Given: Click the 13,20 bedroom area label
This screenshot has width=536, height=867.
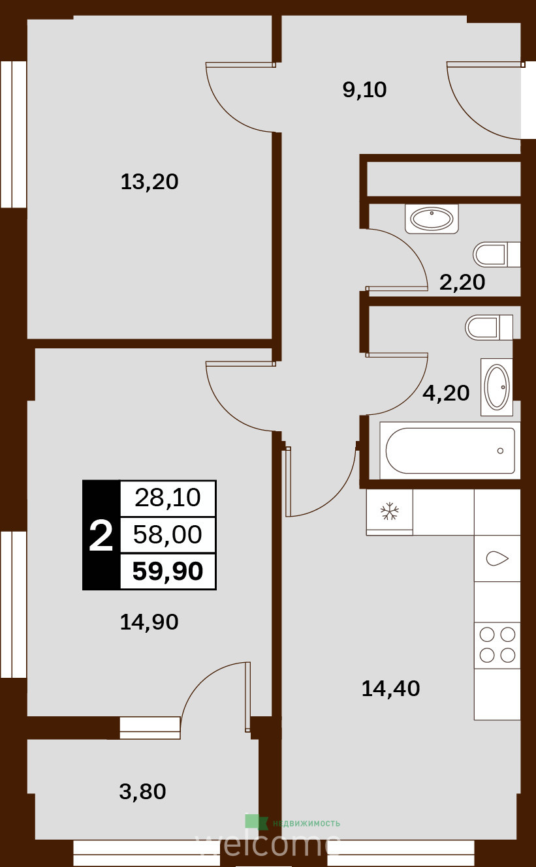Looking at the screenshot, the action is [150, 182].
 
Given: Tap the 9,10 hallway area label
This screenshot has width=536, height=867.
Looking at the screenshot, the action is [364, 90].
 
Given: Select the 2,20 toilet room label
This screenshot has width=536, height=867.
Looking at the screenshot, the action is [462, 282].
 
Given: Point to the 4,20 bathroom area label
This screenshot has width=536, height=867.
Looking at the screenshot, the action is [446, 393].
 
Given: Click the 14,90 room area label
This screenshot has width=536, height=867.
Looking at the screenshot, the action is [149, 622].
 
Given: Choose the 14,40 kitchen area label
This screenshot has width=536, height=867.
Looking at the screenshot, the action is [390, 688].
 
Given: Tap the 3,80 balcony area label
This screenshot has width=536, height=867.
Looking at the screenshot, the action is [142, 791].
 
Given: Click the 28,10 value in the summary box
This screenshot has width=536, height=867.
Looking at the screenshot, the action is [168, 498].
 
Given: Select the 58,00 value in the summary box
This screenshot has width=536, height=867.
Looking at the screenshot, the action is [168, 534].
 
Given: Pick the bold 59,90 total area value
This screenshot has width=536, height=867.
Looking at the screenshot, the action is [168, 571].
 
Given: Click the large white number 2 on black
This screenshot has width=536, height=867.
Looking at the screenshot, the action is [101, 536].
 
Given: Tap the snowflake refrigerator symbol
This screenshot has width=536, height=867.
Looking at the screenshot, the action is [390, 511].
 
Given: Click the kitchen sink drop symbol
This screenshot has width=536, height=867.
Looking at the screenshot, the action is [497, 558].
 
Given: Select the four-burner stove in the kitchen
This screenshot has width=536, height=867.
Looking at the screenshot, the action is [497, 645].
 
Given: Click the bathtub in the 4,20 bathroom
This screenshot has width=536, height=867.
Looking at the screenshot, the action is [450, 451].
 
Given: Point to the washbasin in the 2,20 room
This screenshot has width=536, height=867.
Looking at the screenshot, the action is [432, 219].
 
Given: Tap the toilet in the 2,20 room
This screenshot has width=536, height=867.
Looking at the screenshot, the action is [496, 254].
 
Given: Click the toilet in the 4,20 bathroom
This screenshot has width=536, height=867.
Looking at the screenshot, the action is [489, 327].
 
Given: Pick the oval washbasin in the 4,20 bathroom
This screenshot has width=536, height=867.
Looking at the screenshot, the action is [497, 387].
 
